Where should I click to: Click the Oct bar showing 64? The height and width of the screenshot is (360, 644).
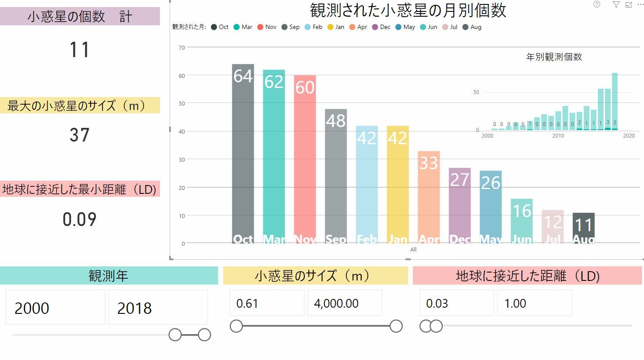(243, 154)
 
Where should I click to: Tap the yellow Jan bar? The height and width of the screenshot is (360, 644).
(398, 185)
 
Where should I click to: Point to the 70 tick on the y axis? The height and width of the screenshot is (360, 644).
(182, 47)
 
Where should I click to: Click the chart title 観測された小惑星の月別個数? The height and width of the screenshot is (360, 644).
(408, 10)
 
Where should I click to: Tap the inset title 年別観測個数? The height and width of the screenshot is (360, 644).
(554, 57)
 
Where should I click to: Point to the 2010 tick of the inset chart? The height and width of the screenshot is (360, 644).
(558, 136)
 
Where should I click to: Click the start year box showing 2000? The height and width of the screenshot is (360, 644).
(55, 308)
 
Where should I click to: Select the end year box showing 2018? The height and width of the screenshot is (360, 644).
(158, 308)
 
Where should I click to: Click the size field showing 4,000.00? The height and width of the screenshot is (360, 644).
(344, 303)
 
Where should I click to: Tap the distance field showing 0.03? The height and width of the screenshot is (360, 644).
(456, 303)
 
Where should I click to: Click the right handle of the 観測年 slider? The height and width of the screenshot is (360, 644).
(204, 335)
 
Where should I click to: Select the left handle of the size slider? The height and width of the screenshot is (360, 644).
(236, 326)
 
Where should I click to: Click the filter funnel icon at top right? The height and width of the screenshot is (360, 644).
(616, 4)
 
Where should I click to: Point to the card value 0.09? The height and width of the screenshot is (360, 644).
(80, 219)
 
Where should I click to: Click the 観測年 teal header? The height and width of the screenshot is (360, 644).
(109, 276)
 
